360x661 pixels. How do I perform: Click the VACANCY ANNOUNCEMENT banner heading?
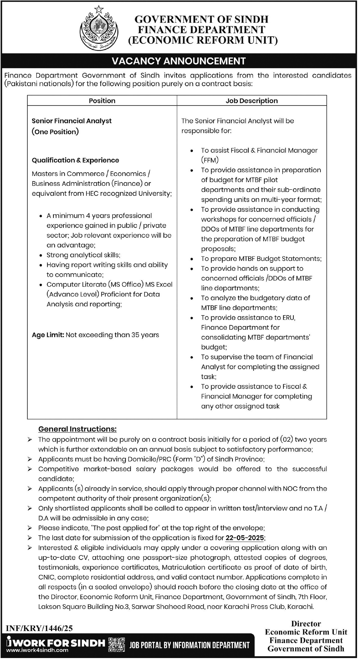179,61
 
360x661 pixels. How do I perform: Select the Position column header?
102,101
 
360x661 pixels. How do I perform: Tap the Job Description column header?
251,101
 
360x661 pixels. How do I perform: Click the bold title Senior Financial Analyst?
71,121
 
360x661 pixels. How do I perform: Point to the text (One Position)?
55,132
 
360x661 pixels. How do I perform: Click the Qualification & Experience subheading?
75,160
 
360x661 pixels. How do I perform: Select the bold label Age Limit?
48,335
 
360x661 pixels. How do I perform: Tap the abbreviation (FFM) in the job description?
210,160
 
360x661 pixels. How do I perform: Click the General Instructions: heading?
77,429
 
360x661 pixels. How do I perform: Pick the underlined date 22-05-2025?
245,538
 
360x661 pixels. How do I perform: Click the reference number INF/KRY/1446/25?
39,628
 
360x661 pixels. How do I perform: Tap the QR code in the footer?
116,644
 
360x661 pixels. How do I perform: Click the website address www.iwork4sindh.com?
37,650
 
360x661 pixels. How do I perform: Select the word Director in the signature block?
306,624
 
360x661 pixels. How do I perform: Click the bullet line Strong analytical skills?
83,255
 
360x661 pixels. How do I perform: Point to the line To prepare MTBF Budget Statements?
261,259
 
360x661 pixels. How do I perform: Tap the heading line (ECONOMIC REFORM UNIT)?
203,40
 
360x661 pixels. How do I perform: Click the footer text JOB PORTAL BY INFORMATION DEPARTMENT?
189,645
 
